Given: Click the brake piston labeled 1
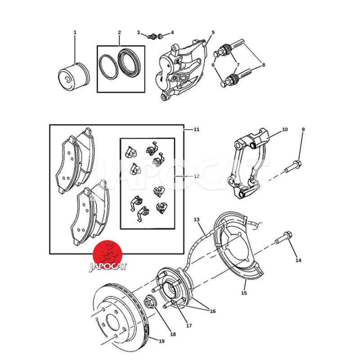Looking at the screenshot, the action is point(74,77).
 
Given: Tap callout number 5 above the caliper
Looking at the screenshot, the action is point(213,32).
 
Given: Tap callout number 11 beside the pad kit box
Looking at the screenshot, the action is point(197,130).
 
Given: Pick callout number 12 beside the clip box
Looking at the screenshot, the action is point(197,176).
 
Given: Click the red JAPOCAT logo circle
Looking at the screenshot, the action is point(107,254).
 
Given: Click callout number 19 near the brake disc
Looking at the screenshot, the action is point(162,341).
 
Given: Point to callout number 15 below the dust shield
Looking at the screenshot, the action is point(244,293).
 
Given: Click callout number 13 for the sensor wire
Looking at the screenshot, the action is point(197,220).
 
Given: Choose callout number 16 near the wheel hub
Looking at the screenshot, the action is point(213,311).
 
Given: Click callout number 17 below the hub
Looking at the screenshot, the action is point(189,325).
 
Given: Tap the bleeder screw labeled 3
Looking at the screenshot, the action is point(152,36).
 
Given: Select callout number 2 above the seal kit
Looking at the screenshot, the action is point(119,32).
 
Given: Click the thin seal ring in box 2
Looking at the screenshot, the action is point(108,67).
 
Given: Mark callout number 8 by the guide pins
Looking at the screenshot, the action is point(263,65).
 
